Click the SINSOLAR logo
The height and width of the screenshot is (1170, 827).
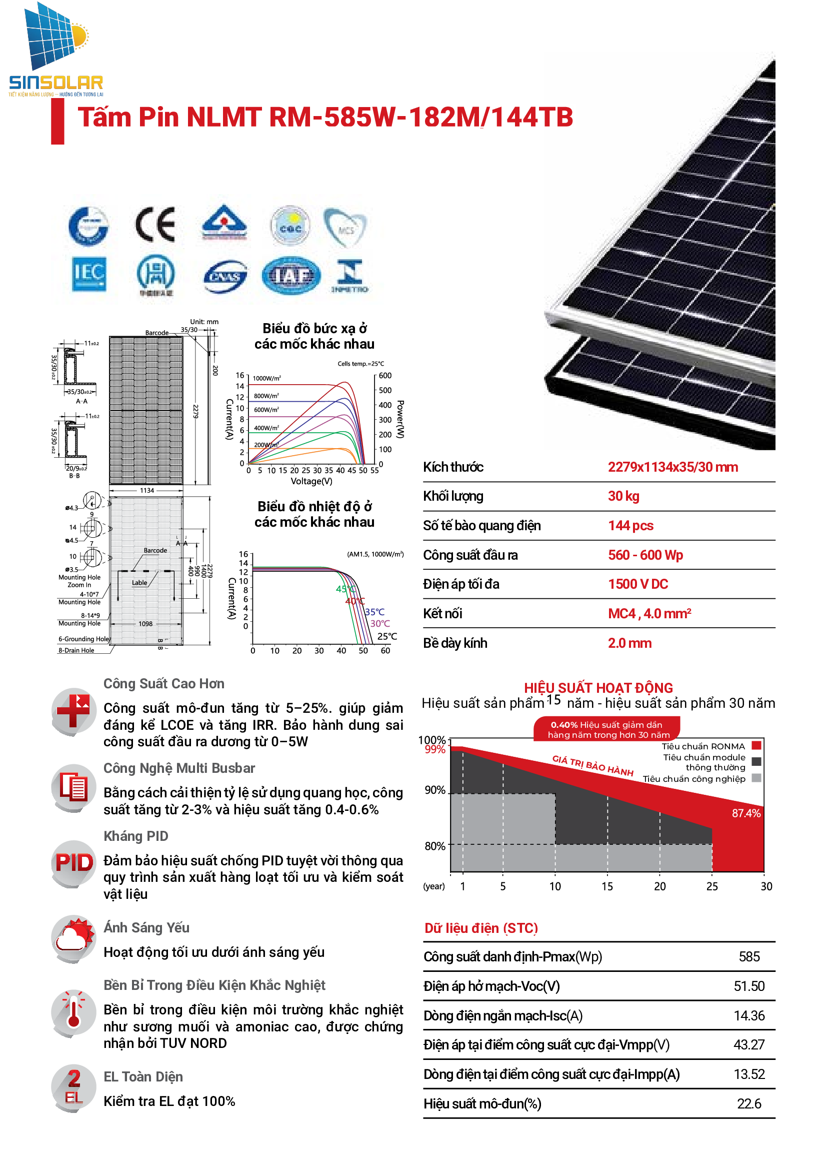55,50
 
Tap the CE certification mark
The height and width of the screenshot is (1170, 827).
155,225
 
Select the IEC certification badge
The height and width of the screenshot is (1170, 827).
89,274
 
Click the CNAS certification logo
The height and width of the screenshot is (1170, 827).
225,277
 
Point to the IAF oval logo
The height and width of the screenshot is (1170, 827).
291,276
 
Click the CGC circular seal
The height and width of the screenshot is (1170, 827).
290,226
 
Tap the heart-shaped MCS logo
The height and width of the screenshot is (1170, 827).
345,227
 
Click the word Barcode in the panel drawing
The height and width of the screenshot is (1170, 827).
155,550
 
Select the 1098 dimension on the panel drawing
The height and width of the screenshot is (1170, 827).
145,624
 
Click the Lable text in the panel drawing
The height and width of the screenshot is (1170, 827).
139,583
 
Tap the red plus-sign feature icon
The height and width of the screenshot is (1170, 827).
73,711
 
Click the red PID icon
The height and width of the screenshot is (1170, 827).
74,863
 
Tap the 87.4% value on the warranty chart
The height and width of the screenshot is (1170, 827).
746,814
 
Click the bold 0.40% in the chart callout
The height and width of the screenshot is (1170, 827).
563,725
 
